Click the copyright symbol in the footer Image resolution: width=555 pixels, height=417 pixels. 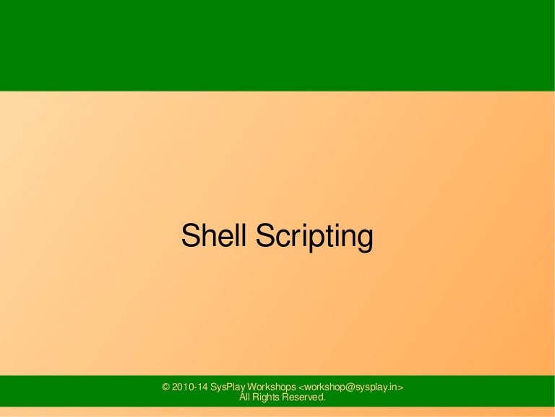click(x=167, y=387)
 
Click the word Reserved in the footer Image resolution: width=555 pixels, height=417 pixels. click(x=305, y=397)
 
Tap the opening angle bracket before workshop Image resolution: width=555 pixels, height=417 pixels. click(x=301, y=387)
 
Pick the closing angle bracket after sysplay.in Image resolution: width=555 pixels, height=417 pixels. click(x=400, y=387)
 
